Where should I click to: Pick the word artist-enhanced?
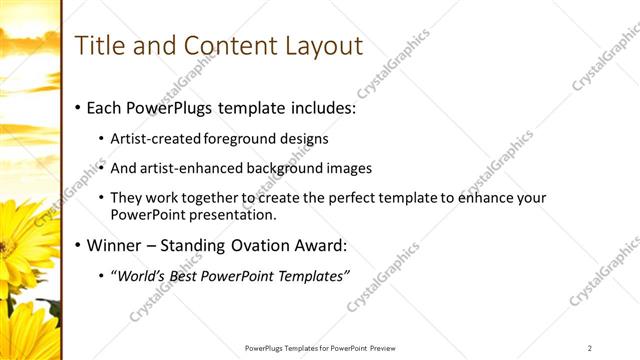(x=189, y=168)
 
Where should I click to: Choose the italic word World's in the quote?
(x=143, y=276)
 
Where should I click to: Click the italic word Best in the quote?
(x=189, y=276)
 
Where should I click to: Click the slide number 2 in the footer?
(x=590, y=348)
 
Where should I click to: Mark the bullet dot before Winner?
(x=77, y=246)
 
